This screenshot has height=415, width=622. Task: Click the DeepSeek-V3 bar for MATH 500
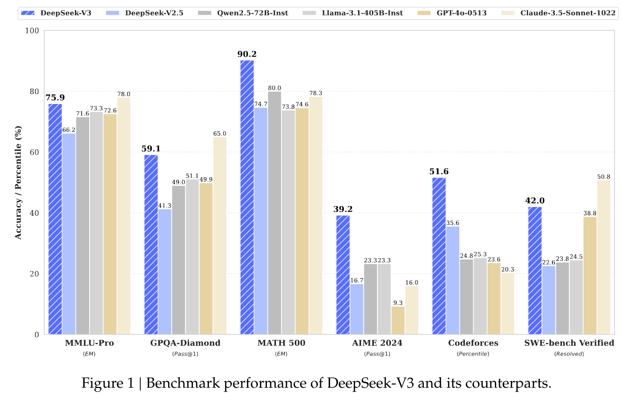tap(247, 197)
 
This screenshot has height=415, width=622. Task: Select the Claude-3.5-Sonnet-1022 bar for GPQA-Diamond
tap(219, 236)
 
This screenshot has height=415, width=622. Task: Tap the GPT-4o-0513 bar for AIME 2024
tap(398, 320)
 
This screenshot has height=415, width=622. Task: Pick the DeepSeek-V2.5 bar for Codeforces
tap(452, 280)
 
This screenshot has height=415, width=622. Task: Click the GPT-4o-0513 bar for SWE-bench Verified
tap(590, 276)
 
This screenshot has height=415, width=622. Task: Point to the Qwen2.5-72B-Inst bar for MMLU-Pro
tap(83, 226)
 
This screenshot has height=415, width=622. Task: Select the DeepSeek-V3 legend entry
tap(56, 13)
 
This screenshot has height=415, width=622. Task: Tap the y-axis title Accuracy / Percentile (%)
tap(18, 182)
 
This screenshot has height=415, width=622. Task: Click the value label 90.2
tap(247, 54)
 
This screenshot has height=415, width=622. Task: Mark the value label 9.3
tap(398, 303)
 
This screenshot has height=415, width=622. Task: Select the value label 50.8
tap(603, 177)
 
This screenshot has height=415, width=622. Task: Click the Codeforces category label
tap(473, 343)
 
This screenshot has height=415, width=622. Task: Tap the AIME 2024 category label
tap(377, 343)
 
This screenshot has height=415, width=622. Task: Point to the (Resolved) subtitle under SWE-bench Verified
tap(569, 354)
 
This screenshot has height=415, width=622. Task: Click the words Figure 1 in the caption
tap(108, 383)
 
